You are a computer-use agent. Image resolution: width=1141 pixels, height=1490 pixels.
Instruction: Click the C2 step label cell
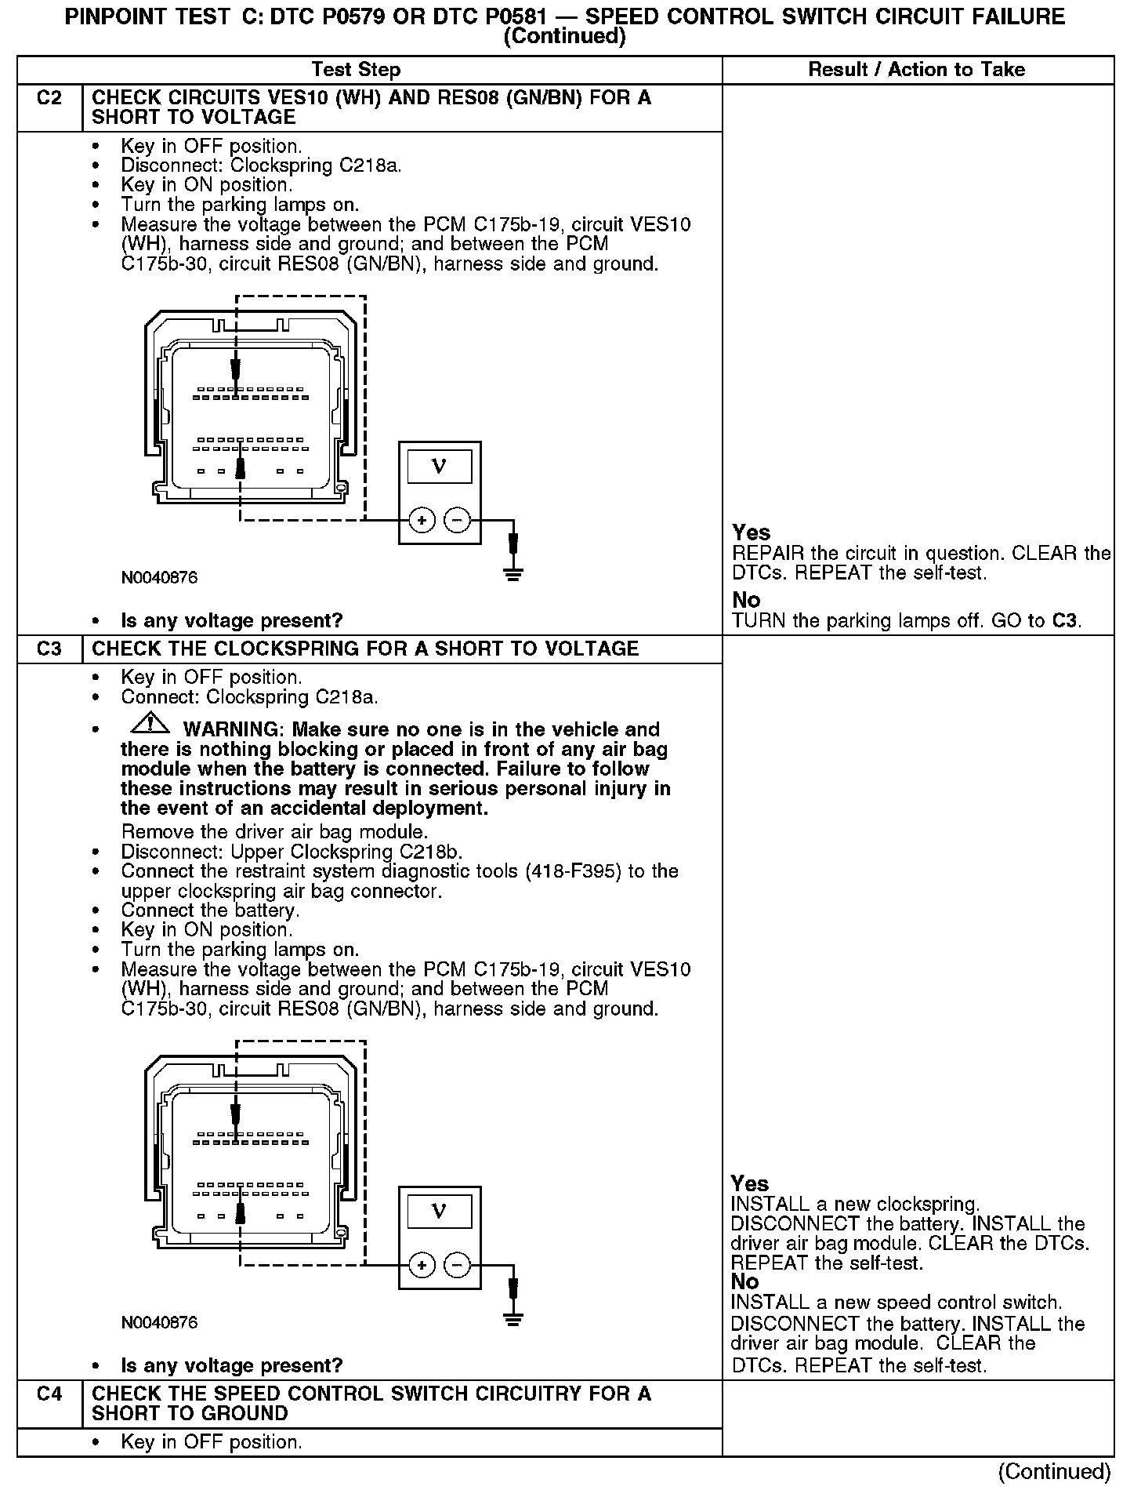pos(49,99)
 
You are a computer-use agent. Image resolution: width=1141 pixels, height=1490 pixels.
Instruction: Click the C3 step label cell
pos(49,649)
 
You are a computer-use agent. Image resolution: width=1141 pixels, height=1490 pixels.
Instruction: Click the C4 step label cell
pos(49,1394)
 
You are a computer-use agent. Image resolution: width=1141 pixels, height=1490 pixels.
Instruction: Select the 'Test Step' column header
pos(356,70)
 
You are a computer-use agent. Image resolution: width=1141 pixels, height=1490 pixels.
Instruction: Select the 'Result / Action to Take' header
pos(916,70)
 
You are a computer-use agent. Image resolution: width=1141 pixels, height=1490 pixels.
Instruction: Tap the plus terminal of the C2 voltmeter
pos(422,520)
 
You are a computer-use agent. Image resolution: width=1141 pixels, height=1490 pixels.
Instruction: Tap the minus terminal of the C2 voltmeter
pos(457,520)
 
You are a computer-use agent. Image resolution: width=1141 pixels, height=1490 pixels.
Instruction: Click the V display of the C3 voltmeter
pos(439,1212)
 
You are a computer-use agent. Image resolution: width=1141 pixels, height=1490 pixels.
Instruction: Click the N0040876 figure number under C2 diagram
pos(159,578)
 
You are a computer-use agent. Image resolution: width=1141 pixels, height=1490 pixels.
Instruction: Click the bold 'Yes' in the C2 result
pos(751,532)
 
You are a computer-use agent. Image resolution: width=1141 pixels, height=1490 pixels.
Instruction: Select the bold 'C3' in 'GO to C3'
pos(1064,622)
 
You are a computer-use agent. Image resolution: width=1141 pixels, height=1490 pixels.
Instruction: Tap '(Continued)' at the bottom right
pos(1054,1471)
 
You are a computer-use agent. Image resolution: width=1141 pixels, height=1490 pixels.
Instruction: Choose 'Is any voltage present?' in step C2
pos(232,621)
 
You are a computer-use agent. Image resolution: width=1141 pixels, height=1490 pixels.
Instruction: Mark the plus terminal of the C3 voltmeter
pos(422,1265)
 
